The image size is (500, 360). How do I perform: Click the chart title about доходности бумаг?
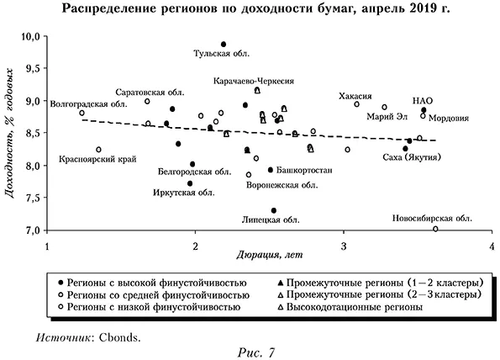click(x=249, y=10)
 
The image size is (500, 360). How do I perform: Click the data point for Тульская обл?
click(x=224, y=45)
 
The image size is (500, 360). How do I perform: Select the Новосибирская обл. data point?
click(x=435, y=229)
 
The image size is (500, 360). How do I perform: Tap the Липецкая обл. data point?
click(x=274, y=210)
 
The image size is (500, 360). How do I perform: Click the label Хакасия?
click(x=355, y=96)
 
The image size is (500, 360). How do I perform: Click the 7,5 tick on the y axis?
click(x=32, y=198)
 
